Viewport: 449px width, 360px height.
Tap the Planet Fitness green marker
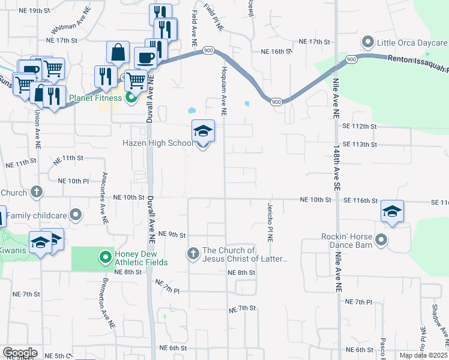click(131, 98)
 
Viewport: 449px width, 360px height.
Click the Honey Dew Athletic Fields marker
click(106, 257)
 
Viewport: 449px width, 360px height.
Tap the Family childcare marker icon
click(76, 214)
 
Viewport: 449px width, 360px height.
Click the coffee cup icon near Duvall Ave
click(145, 58)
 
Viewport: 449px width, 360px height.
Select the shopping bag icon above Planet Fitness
click(118, 52)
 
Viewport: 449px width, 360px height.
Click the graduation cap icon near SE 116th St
click(391, 211)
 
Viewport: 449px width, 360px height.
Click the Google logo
click(19, 353)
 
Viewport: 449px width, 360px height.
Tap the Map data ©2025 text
click(423, 355)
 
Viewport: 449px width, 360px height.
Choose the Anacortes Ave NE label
click(104, 190)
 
